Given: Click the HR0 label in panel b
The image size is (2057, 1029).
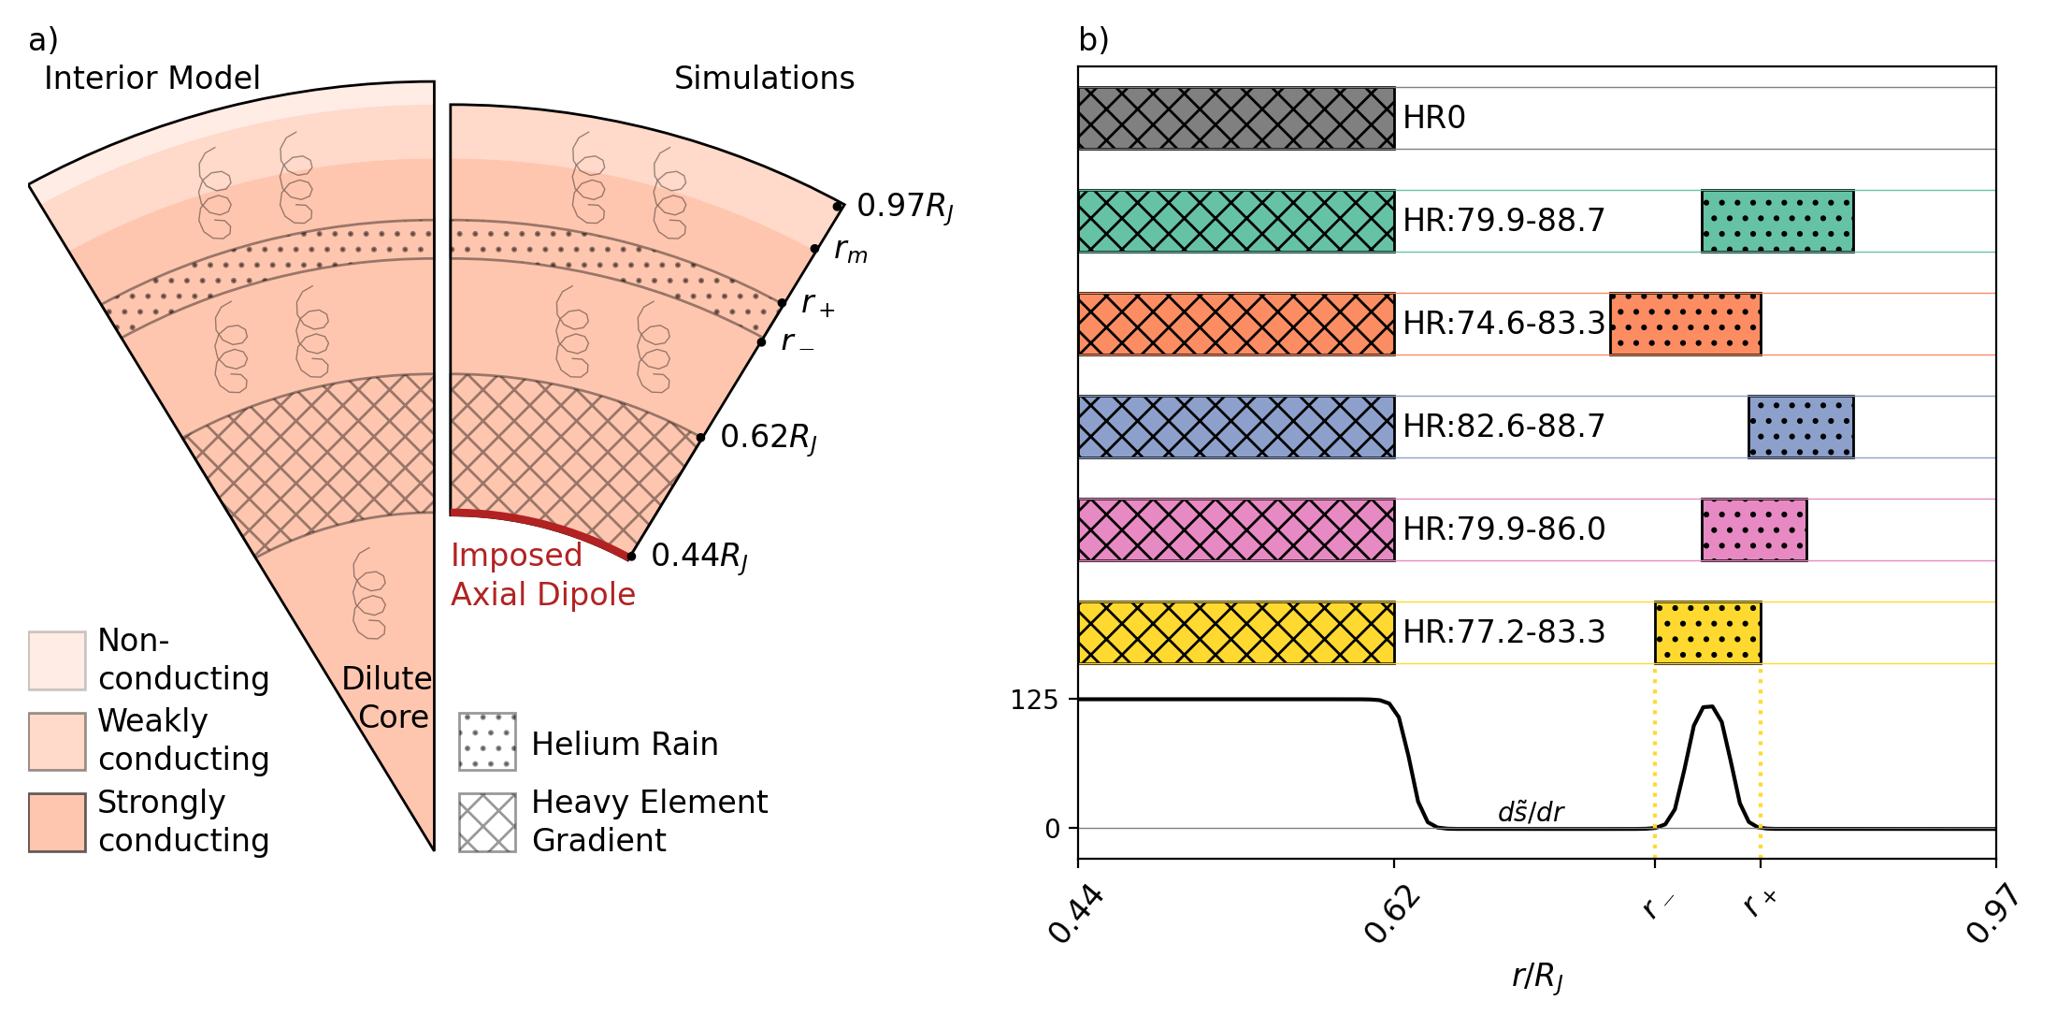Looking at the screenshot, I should coord(1433,118).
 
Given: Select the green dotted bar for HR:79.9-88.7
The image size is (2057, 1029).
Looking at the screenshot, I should coord(1776,221).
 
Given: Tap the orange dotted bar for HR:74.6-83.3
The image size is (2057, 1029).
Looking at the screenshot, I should coord(1685,324).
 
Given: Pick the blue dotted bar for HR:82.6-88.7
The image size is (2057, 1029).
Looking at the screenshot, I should coord(1800,427).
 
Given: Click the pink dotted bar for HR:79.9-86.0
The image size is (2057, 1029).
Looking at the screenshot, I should coord(1753,529).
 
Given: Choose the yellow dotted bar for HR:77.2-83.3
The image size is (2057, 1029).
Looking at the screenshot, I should coord(1707,632).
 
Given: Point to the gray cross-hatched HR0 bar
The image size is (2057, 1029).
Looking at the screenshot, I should coord(1236,118).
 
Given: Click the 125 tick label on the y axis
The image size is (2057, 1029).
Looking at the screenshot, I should coord(1034,700).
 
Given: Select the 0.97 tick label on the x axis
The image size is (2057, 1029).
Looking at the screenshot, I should coord(1992,914).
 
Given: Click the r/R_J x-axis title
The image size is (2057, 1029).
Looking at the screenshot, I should coord(1537,977).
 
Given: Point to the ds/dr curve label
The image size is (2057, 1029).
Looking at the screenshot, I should coord(1531,811).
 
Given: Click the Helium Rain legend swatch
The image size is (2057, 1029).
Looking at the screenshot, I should coord(487,742).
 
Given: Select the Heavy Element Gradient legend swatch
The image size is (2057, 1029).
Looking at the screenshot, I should coord(487,822).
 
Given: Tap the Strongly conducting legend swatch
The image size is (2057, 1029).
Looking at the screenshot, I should coord(57,822).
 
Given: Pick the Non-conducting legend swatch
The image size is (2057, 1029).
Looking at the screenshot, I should coord(57,660).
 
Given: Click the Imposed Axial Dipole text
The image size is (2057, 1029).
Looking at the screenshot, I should coord(542,574).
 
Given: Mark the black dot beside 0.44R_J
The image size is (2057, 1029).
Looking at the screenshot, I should coord(631,557).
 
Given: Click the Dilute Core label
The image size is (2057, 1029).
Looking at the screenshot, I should coord(387,697).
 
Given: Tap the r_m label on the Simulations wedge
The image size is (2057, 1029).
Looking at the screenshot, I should coord(850,251).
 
